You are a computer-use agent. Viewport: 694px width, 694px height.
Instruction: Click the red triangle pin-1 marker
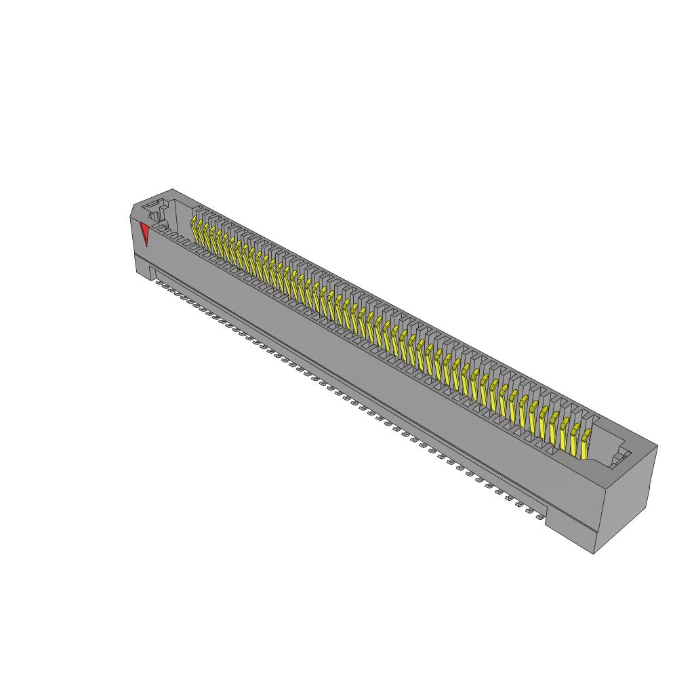[x=144, y=232]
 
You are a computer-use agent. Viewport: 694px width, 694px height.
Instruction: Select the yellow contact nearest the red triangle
[x=194, y=228]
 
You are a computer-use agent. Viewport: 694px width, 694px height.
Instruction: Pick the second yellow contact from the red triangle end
[x=201, y=232]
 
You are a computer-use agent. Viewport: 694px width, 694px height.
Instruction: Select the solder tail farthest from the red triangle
[x=540, y=516]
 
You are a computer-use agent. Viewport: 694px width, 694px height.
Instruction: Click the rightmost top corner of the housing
[x=657, y=445]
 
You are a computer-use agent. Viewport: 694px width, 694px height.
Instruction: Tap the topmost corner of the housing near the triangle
[x=172, y=189]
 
